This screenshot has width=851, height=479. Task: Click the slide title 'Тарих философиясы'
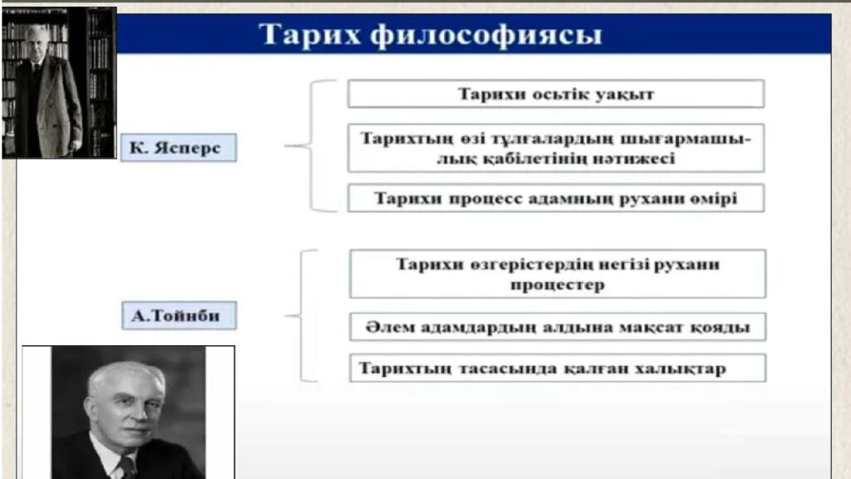[430, 36]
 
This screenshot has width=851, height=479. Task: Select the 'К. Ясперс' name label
[178, 148]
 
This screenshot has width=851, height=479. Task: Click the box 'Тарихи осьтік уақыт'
[555, 94]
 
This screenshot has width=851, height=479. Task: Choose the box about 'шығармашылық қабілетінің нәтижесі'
[555, 148]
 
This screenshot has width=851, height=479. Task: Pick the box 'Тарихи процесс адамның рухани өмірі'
[555, 199]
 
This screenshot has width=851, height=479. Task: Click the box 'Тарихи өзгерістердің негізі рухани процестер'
[557, 274]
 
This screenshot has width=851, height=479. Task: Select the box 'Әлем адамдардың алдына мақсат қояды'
[557, 327]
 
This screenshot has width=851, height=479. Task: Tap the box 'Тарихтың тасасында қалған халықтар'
[557, 368]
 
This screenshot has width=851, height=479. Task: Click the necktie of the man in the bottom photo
[125, 467]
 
